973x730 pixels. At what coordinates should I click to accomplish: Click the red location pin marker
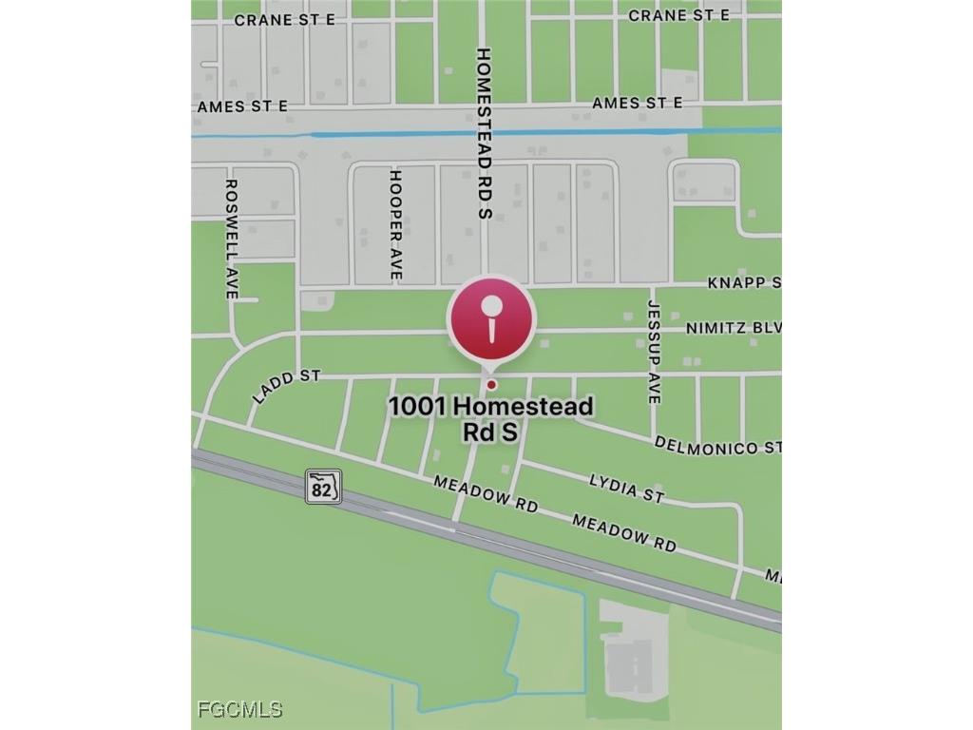(x=491, y=319)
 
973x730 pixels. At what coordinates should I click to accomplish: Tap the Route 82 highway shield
(x=322, y=486)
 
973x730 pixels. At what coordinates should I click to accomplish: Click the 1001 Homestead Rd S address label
(x=490, y=419)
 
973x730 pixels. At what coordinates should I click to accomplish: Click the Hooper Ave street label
(x=396, y=224)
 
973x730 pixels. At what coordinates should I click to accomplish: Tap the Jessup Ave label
(x=653, y=352)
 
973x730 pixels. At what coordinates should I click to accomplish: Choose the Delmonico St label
(x=717, y=446)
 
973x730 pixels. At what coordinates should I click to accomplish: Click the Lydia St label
(x=626, y=488)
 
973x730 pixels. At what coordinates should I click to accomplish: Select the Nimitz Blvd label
(x=733, y=328)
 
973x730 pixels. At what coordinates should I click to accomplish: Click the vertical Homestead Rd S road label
(x=483, y=133)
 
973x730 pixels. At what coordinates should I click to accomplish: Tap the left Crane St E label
(x=284, y=19)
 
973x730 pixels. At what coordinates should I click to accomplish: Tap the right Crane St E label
(x=678, y=15)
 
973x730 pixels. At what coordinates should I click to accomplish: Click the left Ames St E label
(x=242, y=106)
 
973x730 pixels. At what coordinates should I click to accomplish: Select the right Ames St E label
(x=637, y=103)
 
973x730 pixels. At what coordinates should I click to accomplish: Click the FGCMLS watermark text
(x=240, y=709)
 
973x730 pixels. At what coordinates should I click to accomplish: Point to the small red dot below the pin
(x=491, y=385)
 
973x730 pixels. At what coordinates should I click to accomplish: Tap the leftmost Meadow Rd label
(x=486, y=494)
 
